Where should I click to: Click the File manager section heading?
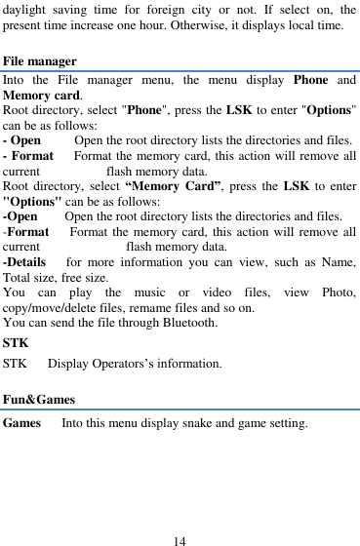click(40, 60)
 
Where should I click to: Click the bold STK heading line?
click(15, 343)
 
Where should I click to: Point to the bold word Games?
click(22, 424)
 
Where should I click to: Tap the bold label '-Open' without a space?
click(20, 215)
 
